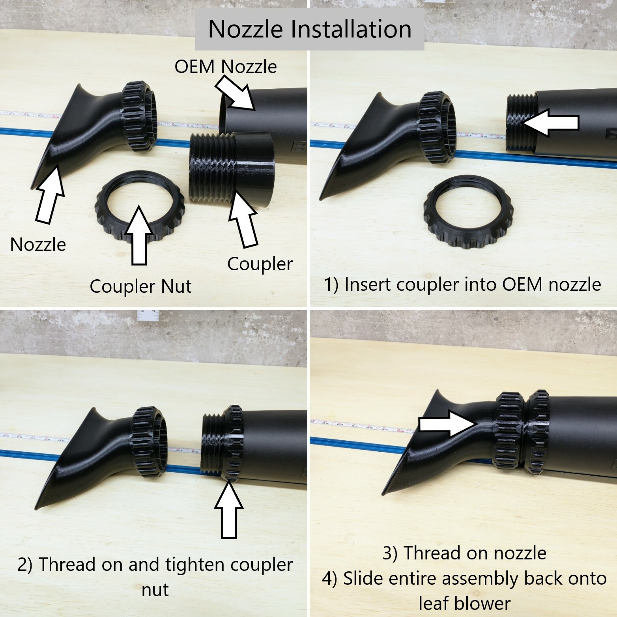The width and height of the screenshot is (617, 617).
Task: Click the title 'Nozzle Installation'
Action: (310, 29)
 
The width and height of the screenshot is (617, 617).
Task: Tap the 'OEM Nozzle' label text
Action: (225, 67)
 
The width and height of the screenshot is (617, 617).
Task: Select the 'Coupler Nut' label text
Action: (140, 286)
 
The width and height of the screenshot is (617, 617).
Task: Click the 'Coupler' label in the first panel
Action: (260, 264)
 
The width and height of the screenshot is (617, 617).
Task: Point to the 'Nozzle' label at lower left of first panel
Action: (38, 245)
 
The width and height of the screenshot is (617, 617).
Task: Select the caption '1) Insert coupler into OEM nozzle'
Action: (462, 284)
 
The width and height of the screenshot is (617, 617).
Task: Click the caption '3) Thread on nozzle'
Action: (464, 553)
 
